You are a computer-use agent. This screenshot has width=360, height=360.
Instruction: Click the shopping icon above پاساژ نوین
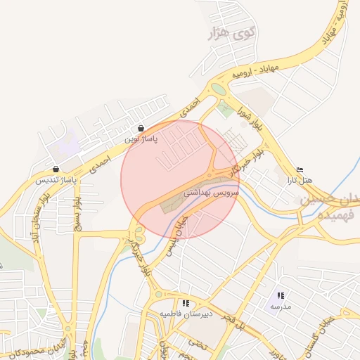tap(141, 129)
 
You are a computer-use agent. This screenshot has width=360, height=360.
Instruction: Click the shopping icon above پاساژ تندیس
tap(56, 169)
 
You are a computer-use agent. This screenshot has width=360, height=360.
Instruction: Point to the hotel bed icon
tap(300, 169)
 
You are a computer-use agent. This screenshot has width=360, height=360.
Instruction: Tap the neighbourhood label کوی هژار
tap(229, 32)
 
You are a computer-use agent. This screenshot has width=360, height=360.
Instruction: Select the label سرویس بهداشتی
tap(212, 191)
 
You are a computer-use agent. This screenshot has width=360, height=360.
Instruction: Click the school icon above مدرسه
tap(281, 296)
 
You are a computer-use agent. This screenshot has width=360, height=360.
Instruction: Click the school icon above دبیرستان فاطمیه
tap(186, 303)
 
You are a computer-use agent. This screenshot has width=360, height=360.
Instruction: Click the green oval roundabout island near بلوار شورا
tap(219, 89)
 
